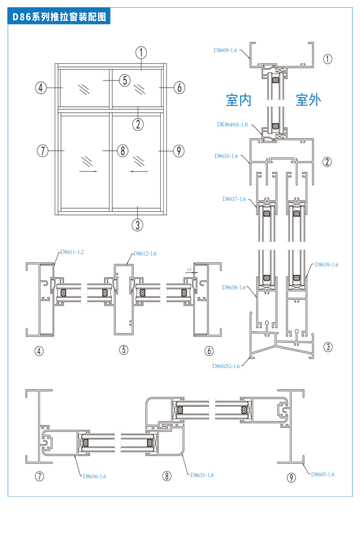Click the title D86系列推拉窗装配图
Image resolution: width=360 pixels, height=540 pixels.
point(59,17)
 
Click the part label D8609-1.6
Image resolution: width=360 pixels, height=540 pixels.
point(225,50)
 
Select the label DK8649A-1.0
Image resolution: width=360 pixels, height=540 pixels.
point(232,124)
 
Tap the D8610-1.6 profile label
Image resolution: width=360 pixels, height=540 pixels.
point(226,156)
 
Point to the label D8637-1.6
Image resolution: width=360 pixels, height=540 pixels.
point(234,198)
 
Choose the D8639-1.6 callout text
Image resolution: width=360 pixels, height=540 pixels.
point(326,265)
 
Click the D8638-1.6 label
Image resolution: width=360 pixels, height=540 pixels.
point(234,287)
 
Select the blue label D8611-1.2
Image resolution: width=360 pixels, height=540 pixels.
point(72,252)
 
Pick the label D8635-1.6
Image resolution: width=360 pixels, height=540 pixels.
point(202,475)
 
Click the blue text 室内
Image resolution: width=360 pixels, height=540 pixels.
point(238,100)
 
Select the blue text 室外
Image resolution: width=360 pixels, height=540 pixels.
point(308,100)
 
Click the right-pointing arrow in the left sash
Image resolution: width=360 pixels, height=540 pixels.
point(89,171)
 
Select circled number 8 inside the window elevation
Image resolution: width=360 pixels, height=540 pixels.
point(123,150)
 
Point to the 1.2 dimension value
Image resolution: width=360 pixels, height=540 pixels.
point(189,270)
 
